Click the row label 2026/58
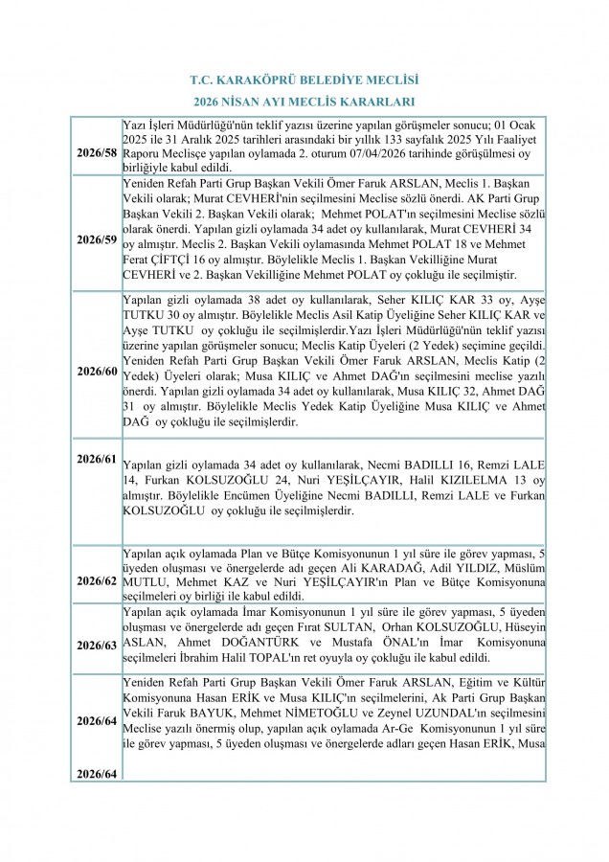[97, 153]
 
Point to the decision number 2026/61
[97, 459]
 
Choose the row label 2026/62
[97, 581]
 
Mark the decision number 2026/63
[97, 645]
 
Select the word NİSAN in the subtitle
[245, 102]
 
